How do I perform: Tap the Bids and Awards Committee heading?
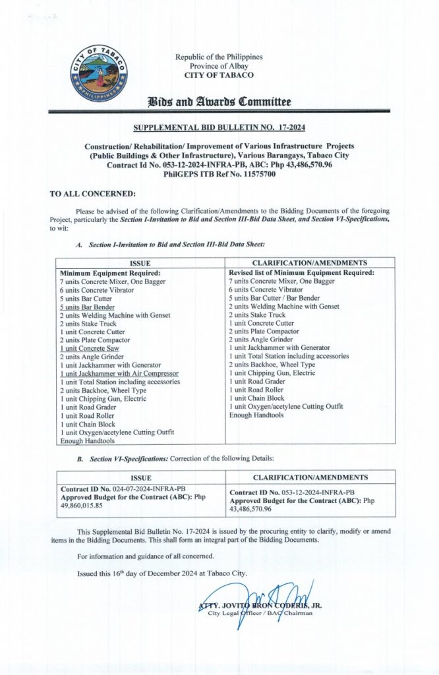219,102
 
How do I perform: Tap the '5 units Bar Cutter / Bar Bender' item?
271,298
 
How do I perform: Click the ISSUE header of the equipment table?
141,263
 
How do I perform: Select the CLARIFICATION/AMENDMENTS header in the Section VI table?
310,477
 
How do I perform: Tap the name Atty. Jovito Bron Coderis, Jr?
260,605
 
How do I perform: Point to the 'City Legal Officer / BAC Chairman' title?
260,614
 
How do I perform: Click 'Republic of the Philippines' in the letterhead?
218,57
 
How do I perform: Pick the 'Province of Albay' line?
218,66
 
